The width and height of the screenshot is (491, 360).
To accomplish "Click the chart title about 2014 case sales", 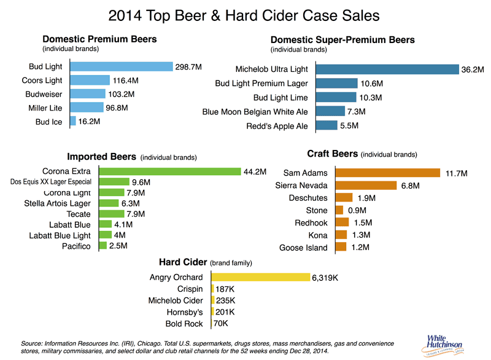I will coord(245,14).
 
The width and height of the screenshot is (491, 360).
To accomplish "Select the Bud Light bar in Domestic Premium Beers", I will coord(122,66).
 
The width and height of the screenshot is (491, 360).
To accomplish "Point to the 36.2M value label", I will coord(473,70).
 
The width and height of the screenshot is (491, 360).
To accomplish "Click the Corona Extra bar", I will coord(170,171).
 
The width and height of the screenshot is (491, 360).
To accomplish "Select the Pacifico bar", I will coord(103,246).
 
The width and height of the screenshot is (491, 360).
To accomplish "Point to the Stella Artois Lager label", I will coord(57,203).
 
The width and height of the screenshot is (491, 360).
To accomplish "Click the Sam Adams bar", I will coord(388,173).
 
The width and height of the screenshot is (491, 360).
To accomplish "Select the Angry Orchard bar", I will coord(260,277).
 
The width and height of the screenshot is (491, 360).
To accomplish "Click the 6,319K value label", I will coord(325,278).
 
